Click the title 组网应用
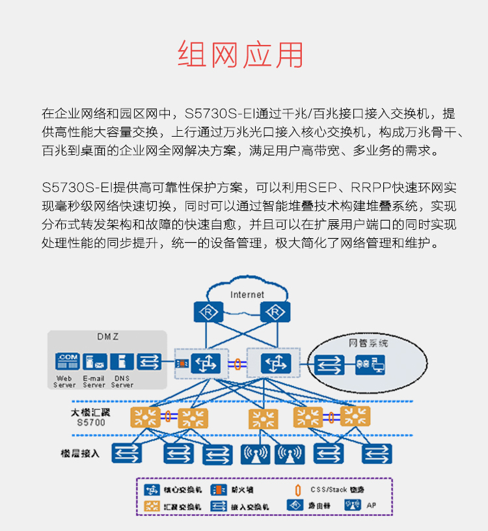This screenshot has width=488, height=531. (241, 55)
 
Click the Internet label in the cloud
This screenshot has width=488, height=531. (247, 295)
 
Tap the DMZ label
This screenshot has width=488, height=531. (108, 336)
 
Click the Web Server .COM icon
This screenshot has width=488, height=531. (66, 362)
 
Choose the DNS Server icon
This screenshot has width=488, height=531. (122, 362)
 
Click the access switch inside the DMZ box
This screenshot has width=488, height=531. (149, 362)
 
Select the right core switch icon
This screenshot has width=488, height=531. (277, 363)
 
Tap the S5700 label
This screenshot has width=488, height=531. (91, 422)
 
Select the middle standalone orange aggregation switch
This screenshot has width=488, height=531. (264, 418)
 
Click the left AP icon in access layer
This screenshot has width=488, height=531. (254, 454)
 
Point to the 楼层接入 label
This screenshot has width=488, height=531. (80, 453)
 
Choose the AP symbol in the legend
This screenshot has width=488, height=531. (352, 504)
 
